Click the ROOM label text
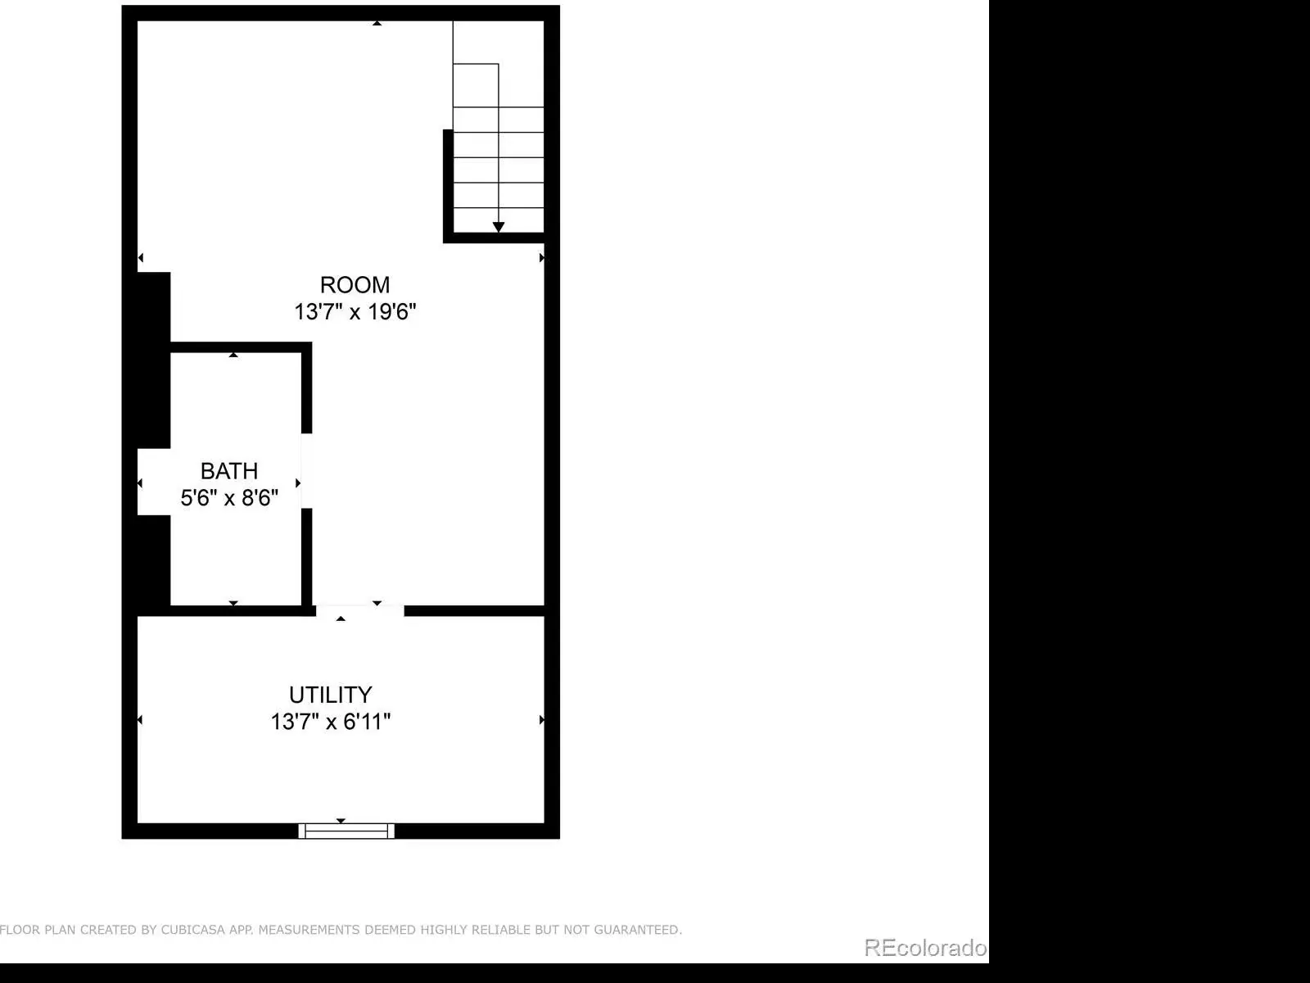[x=355, y=285]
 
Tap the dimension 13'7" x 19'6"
[x=355, y=311]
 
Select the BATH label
[x=229, y=471]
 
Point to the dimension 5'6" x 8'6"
[x=229, y=498]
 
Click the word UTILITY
[x=331, y=695]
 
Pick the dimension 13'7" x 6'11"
[x=331, y=722]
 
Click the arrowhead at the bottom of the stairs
[x=499, y=227]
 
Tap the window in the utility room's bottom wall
[x=346, y=831]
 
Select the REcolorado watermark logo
[x=925, y=947]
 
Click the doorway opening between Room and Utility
[x=360, y=610]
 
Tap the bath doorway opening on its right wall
[x=306, y=471]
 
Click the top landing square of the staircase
[x=476, y=85]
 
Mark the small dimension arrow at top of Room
[x=377, y=23]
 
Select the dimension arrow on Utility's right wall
[x=542, y=720]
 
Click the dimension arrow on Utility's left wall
[x=140, y=720]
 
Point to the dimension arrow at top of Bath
[x=233, y=356]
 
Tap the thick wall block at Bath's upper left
[x=154, y=360]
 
